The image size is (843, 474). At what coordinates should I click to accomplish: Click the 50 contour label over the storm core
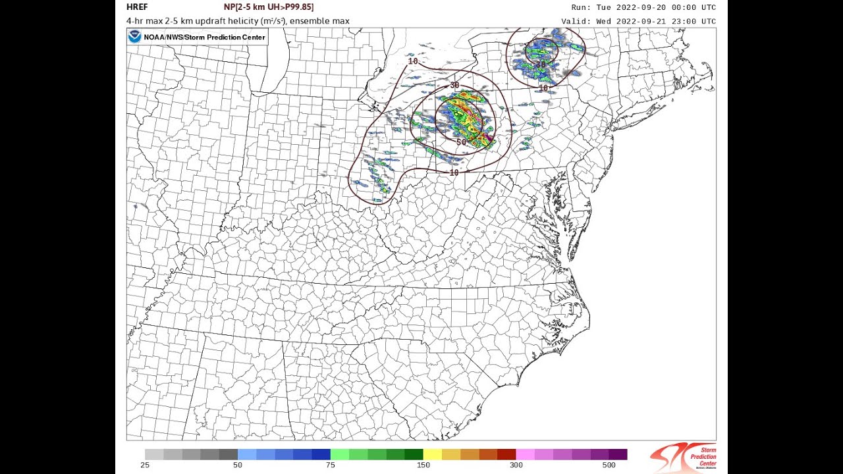point(461,142)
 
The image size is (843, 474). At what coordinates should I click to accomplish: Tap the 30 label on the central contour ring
point(454,86)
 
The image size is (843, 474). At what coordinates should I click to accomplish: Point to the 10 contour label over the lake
point(413,61)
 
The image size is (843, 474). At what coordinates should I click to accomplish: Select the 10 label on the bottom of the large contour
point(454,172)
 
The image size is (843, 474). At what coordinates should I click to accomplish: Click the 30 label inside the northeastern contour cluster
point(541,64)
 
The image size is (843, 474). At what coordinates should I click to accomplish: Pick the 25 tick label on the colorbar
point(144,465)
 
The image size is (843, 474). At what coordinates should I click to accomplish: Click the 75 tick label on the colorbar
point(330,465)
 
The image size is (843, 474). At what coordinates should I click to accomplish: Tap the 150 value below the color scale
point(423,465)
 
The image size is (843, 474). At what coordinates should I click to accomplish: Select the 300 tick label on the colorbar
point(516,465)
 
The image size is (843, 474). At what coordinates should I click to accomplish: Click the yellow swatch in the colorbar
point(432,454)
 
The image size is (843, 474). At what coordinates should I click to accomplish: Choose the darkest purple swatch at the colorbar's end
point(618,454)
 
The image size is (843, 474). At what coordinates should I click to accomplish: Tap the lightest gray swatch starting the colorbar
point(154,454)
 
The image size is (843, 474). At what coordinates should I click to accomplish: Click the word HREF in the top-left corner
point(137,7)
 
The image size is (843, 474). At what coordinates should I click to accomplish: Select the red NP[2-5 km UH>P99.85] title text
point(269,7)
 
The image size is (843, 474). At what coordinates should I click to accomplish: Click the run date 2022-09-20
point(638,7)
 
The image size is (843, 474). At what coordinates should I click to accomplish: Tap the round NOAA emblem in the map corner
point(135,37)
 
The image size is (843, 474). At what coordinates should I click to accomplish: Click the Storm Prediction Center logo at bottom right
point(683,457)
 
